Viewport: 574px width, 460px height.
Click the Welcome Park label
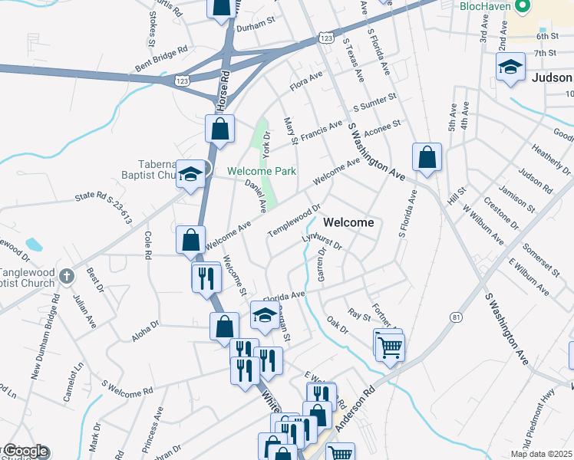coord(261,171)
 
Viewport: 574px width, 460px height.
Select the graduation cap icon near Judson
coord(510,67)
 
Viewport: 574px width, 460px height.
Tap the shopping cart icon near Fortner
coord(390,347)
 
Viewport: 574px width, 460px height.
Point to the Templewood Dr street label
coord(293,220)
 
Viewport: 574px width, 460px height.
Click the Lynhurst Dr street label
coord(321,242)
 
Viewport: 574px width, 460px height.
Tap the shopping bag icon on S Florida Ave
coord(427,158)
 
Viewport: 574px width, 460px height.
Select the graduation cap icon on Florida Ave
coord(265,316)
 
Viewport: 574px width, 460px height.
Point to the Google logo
coord(25,452)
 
